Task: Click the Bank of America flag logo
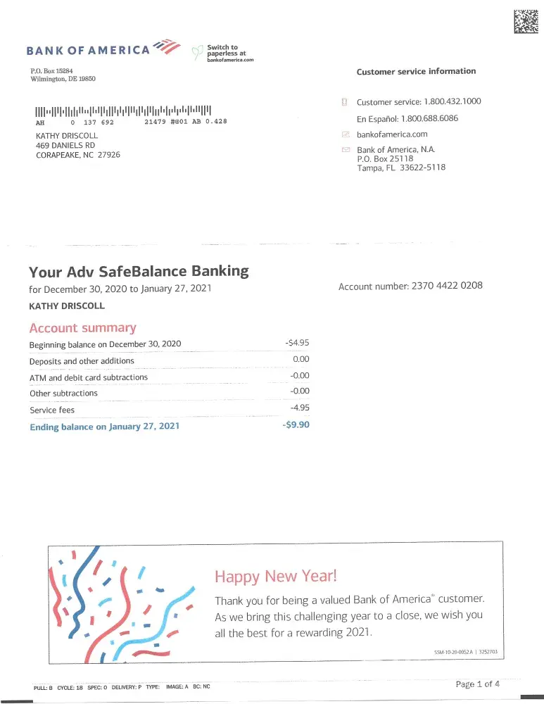[x=167, y=46]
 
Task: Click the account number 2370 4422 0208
[x=447, y=286]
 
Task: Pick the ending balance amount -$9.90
[x=296, y=425]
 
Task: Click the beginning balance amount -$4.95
[x=297, y=343]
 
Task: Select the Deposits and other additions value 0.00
[x=301, y=360]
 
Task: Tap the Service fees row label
[x=52, y=410]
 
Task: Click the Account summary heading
[x=82, y=328]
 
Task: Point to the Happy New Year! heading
[x=276, y=577]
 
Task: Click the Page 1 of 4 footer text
[x=478, y=684]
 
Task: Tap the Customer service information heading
[x=416, y=71]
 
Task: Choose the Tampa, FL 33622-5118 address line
[x=401, y=168]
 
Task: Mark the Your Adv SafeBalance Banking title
[x=139, y=271]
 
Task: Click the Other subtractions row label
[x=63, y=394]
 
